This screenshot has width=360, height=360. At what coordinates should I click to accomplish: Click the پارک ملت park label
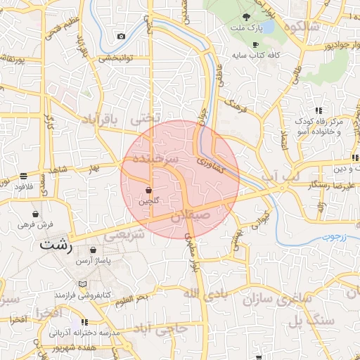point(246,30)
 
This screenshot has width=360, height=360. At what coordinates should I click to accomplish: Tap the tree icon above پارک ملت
point(246,18)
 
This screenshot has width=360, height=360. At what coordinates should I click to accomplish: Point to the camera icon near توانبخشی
point(121,36)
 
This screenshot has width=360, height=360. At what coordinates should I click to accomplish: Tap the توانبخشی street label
point(115,58)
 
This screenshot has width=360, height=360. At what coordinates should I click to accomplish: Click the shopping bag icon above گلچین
point(148,191)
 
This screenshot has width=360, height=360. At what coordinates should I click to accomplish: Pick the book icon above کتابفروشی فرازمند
point(84,284)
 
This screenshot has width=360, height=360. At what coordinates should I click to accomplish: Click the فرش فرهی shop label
point(37,225)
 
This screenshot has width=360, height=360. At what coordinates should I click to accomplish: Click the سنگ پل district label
point(304,322)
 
